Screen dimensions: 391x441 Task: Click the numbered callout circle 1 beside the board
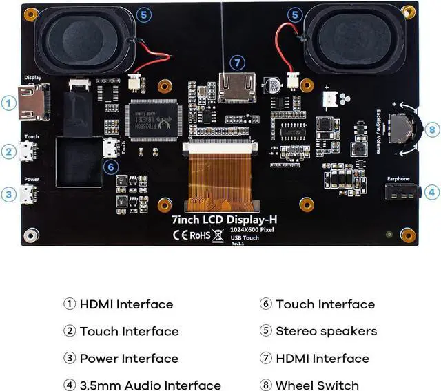pos(8,104)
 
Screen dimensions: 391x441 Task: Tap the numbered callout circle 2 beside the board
pos(8,152)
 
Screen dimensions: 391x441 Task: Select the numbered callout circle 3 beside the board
pos(8,195)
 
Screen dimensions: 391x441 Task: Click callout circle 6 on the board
pos(110,166)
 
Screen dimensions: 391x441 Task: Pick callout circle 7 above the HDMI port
pos(237,63)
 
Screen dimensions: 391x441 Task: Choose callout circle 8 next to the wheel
pos(431,129)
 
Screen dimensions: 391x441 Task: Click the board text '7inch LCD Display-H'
pos(224,219)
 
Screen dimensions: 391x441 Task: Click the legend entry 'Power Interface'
pos(129,359)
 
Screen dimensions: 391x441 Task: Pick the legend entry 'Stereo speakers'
pos(326,331)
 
